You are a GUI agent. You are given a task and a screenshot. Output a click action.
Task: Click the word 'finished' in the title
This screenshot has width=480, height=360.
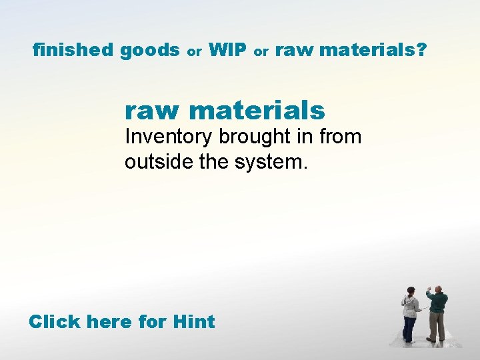pos(73,49)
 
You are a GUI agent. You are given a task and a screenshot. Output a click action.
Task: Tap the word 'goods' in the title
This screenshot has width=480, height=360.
pos(150,50)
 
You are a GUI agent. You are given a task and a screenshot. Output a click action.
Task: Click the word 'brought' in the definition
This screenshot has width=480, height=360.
pos(250,137)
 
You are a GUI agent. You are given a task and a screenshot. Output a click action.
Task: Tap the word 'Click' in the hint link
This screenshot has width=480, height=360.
pos(55,322)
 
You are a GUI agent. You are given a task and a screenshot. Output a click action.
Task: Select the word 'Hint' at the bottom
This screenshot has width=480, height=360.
pos(193,322)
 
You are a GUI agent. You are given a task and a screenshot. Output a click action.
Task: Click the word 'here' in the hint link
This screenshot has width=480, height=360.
pos(113,322)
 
